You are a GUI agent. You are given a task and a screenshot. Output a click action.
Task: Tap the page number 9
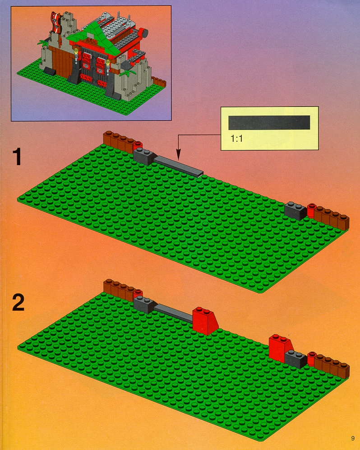352,438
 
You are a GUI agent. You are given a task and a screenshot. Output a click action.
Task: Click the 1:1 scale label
237,139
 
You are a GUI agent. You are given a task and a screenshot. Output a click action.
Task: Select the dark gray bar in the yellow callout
269,123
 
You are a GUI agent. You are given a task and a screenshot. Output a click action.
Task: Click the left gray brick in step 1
144,157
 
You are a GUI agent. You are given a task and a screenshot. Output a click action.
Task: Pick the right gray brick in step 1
296,211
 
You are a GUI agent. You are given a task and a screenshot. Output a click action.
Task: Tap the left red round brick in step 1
138,145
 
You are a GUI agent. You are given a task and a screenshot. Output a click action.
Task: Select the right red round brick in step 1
311,210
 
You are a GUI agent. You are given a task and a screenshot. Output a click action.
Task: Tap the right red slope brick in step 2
280,346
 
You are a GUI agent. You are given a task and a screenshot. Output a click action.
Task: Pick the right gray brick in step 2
296,359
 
